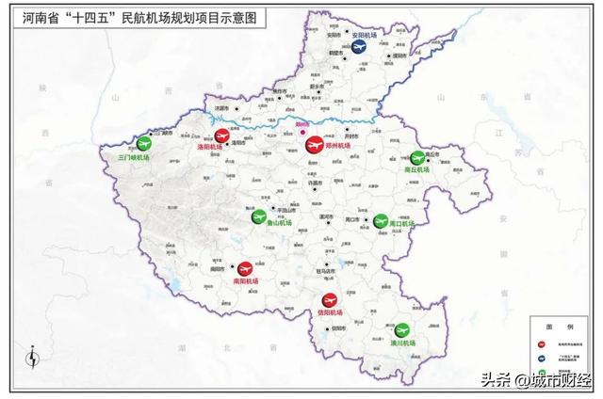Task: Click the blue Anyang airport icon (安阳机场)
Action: pyautogui.click(x=359, y=44)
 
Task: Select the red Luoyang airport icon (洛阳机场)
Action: pyautogui.click(x=222, y=136)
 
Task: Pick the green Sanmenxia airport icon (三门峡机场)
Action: pyautogui.click(x=143, y=143)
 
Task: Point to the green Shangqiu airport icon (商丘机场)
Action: pyautogui.click(x=417, y=158)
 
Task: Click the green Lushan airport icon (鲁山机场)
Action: pyautogui.click(x=258, y=216)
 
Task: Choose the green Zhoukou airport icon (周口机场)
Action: pyautogui.click(x=381, y=220)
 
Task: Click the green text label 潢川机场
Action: pyautogui.click(x=402, y=343)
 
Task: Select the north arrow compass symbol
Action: pyautogui.click(x=34, y=359)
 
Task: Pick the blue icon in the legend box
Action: pyautogui.click(x=543, y=359)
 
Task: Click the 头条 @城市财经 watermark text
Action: pyautogui.click(x=533, y=380)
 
